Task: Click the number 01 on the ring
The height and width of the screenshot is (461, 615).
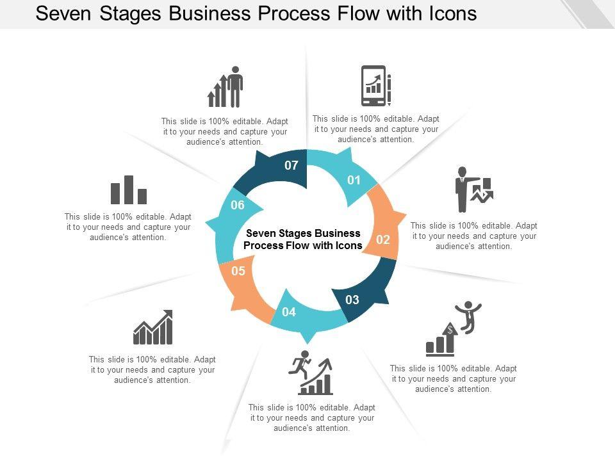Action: (354, 181)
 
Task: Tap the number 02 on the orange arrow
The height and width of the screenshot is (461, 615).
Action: (383, 240)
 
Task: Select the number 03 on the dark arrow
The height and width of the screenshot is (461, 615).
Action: (352, 300)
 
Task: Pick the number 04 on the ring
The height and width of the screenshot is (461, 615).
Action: (289, 312)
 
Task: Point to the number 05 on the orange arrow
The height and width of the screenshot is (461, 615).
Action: (238, 271)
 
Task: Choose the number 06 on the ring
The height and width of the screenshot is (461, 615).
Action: (238, 206)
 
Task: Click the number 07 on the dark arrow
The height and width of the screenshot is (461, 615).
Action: (291, 166)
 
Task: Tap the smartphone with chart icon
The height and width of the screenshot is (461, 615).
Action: (373, 85)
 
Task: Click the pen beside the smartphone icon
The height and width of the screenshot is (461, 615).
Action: (389, 90)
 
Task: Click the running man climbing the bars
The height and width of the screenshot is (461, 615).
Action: (300, 363)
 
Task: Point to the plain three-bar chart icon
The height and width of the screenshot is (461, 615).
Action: (129, 190)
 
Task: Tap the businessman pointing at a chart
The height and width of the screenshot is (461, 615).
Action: (462, 189)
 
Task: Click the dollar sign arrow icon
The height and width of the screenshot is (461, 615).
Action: (450, 337)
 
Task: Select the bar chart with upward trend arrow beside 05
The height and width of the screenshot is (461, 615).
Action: (153, 328)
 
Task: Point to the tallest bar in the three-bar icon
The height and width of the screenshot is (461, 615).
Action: (129, 190)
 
